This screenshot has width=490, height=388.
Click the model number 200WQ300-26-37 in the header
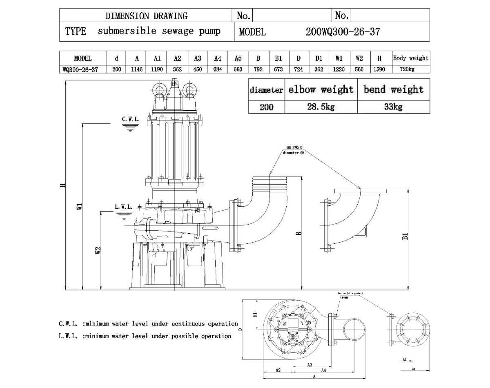[343, 32]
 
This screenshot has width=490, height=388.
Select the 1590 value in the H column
[379, 69]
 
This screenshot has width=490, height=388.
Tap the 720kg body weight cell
[410, 69]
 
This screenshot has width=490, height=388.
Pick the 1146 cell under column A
[137, 69]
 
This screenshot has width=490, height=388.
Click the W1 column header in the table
[339, 58]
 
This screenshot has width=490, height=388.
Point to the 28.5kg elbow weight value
[321, 107]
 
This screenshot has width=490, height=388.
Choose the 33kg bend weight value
[393, 107]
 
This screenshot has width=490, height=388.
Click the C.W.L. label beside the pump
[131, 119]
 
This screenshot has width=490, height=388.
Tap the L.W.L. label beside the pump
[124, 207]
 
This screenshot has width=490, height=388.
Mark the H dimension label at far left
[62, 185]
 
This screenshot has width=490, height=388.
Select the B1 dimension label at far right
[405, 236]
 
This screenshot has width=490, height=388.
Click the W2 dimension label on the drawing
[98, 251]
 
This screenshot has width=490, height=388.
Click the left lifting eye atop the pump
[158, 89]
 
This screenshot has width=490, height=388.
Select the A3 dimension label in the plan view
[310, 365]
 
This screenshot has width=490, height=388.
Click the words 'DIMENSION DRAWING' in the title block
[147, 16]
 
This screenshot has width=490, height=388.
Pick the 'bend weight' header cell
[393, 89]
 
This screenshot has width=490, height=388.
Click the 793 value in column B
[258, 69]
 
